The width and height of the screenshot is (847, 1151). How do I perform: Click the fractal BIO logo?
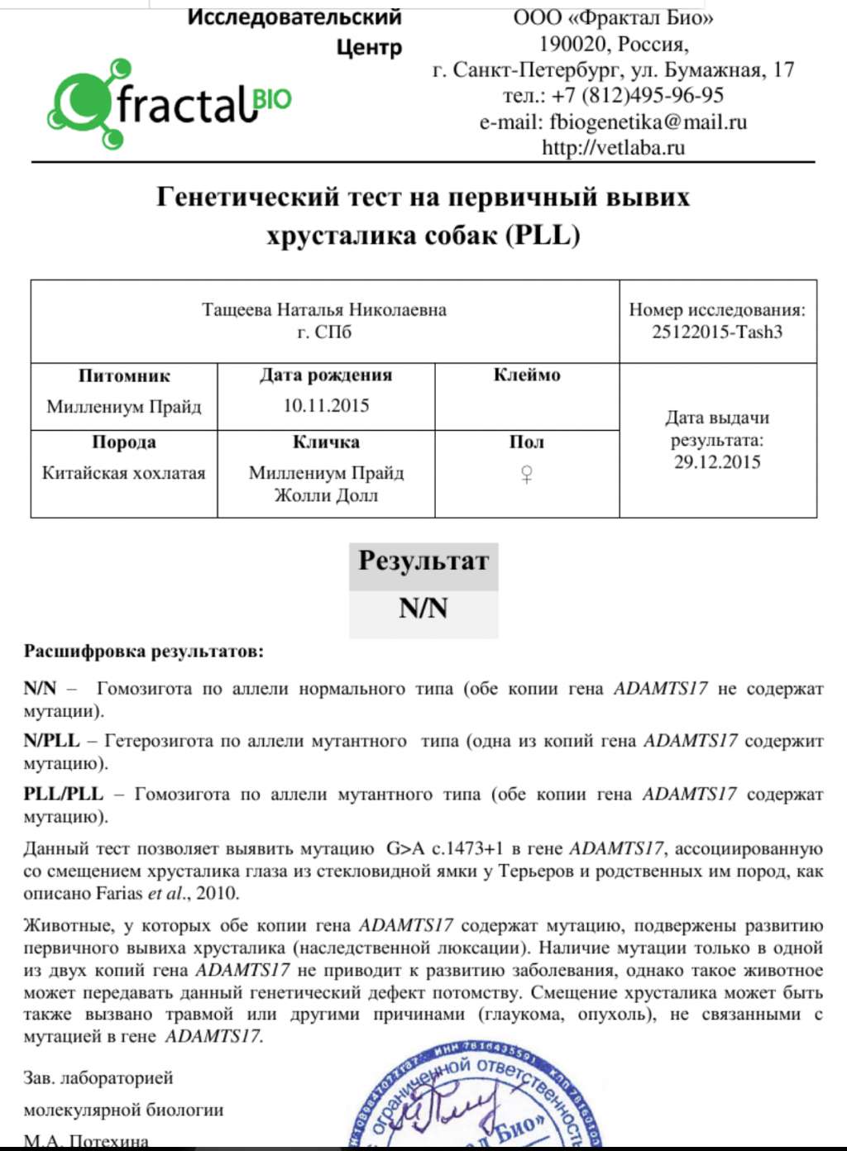click(x=170, y=104)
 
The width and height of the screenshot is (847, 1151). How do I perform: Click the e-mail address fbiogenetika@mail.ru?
click(x=648, y=122)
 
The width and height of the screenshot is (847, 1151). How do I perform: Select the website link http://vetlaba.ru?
click(x=613, y=148)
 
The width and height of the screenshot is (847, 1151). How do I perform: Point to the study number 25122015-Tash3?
click(x=716, y=332)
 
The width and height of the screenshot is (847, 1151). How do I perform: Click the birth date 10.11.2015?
click(x=326, y=406)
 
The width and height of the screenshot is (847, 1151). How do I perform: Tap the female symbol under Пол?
click(x=526, y=474)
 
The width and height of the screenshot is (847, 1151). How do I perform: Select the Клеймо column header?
click(x=526, y=375)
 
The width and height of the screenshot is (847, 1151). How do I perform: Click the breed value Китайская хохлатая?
click(x=123, y=474)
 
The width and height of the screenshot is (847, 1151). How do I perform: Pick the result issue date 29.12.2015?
click(x=716, y=462)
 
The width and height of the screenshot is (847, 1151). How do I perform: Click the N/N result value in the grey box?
click(x=423, y=609)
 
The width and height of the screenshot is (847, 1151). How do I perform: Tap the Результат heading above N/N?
click(x=423, y=561)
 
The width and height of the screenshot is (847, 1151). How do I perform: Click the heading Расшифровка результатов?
click(x=143, y=652)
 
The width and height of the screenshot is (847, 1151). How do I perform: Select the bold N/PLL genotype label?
click(x=51, y=741)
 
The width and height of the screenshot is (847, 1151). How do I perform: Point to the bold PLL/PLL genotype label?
click(x=63, y=795)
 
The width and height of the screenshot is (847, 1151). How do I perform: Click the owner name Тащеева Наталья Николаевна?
click(x=323, y=310)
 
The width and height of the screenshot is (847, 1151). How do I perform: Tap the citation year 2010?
click(x=217, y=894)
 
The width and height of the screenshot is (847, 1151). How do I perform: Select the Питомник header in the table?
click(x=123, y=376)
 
